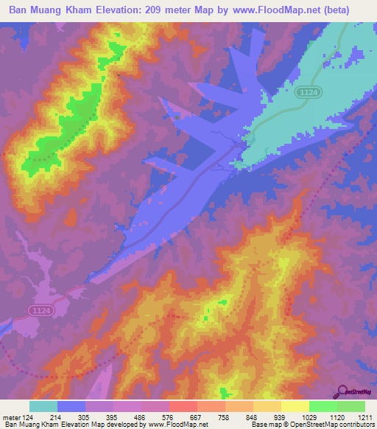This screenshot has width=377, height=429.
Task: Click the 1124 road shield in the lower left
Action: (40, 312)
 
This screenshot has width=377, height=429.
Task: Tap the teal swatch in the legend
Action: (43, 406)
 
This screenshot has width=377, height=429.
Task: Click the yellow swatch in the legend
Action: (295, 406)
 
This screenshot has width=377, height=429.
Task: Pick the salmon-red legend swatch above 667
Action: (183, 406)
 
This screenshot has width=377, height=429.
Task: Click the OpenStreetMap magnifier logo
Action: (343, 391)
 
